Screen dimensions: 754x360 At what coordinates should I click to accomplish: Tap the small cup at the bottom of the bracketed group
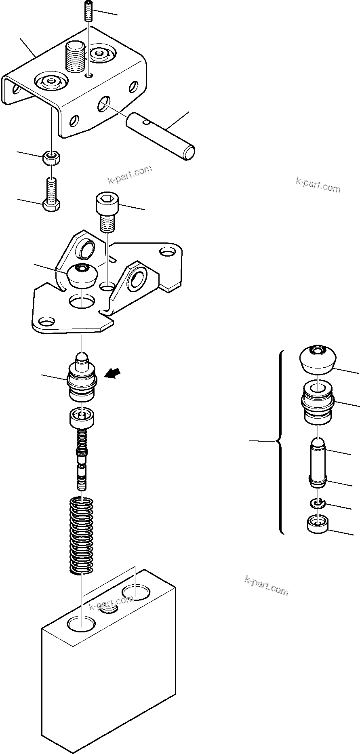tap(318, 525)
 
